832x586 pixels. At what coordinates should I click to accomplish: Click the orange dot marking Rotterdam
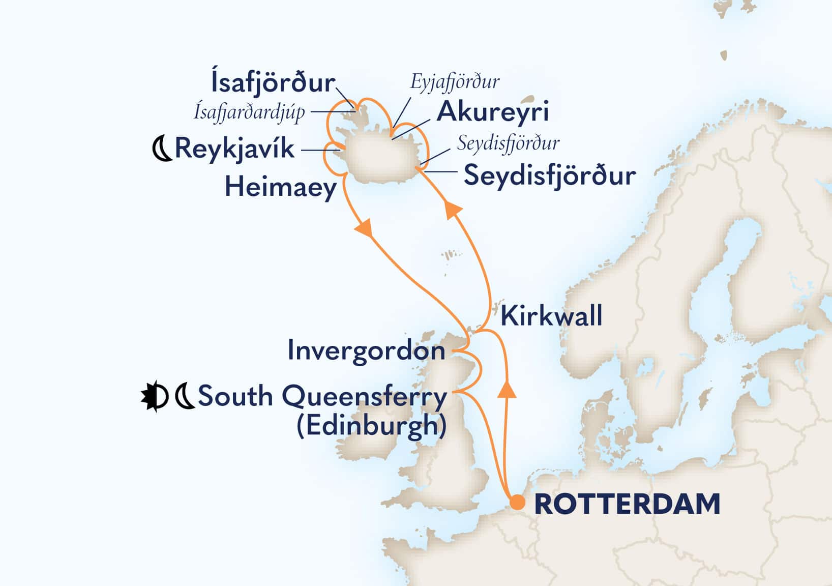coord(517,503)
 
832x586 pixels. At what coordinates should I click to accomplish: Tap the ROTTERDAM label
coord(627,505)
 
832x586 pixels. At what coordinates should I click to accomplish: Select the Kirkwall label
coord(551,316)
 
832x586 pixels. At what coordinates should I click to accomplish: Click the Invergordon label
coord(366,351)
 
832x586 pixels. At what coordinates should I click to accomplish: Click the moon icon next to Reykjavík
coord(162,149)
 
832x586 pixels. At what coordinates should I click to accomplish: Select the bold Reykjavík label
coord(234,149)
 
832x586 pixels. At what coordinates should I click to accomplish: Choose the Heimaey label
coord(281,187)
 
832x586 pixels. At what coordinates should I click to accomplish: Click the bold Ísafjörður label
coord(273,83)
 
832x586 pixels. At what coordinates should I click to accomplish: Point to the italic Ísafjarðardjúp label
coord(249,111)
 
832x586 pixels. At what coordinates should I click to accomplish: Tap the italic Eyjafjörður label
coord(455,81)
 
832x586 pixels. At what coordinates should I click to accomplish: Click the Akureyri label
coord(493,111)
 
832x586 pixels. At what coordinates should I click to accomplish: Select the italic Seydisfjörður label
coord(508,143)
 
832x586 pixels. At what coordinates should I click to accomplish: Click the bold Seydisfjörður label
coord(550,176)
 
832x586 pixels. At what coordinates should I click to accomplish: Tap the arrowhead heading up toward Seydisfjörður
coord(454,210)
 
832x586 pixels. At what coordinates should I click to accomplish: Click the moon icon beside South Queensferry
coord(185,397)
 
